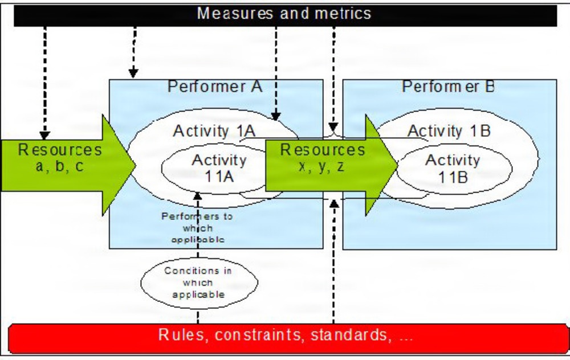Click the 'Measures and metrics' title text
point(284,13)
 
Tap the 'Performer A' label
point(215,87)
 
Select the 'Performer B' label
point(449,87)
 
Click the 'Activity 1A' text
point(214,131)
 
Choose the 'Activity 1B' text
point(449,131)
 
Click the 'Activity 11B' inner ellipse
point(453,168)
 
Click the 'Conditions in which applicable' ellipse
point(198,283)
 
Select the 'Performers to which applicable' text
point(198,228)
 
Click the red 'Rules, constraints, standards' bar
point(285,336)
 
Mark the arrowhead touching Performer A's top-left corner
point(133,72)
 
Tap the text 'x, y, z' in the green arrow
point(321,167)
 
